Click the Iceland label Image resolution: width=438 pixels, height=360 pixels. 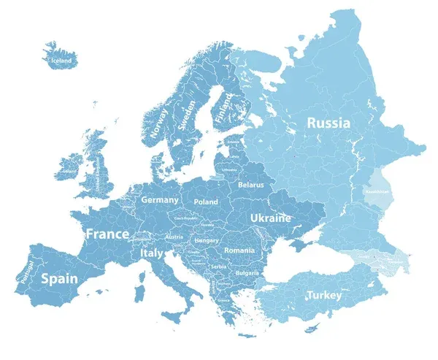pyautogui.click(x=61, y=61)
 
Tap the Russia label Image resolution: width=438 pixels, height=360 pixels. pyautogui.click(x=328, y=123)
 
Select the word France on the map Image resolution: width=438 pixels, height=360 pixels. pyautogui.click(x=107, y=234)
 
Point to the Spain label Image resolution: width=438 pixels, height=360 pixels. pyautogui.click(x=60, y=278)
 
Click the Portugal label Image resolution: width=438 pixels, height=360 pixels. pyautogui.click(x=28, y=270)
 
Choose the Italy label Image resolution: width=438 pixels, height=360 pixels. pyautogui.click(x=152, y=253)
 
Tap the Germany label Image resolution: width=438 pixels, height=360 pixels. pyautogui.click(x=159, y=199)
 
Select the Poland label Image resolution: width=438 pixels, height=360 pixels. pyautogui.click(x=206, y=202)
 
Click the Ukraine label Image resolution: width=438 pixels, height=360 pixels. pyautogui.click(x=270, y=218)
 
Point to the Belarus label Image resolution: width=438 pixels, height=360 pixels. pyautogui.click(x=250, y=186)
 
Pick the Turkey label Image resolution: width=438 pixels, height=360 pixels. pyautogui.click(x=323, y=295)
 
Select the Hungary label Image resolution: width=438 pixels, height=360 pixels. pyautogui.click(x=207, y=240)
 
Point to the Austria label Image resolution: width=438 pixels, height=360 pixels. pyautogui.click(x=174, y=237)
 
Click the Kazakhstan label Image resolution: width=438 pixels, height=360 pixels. pyautogui.click(x=377, y=191)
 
